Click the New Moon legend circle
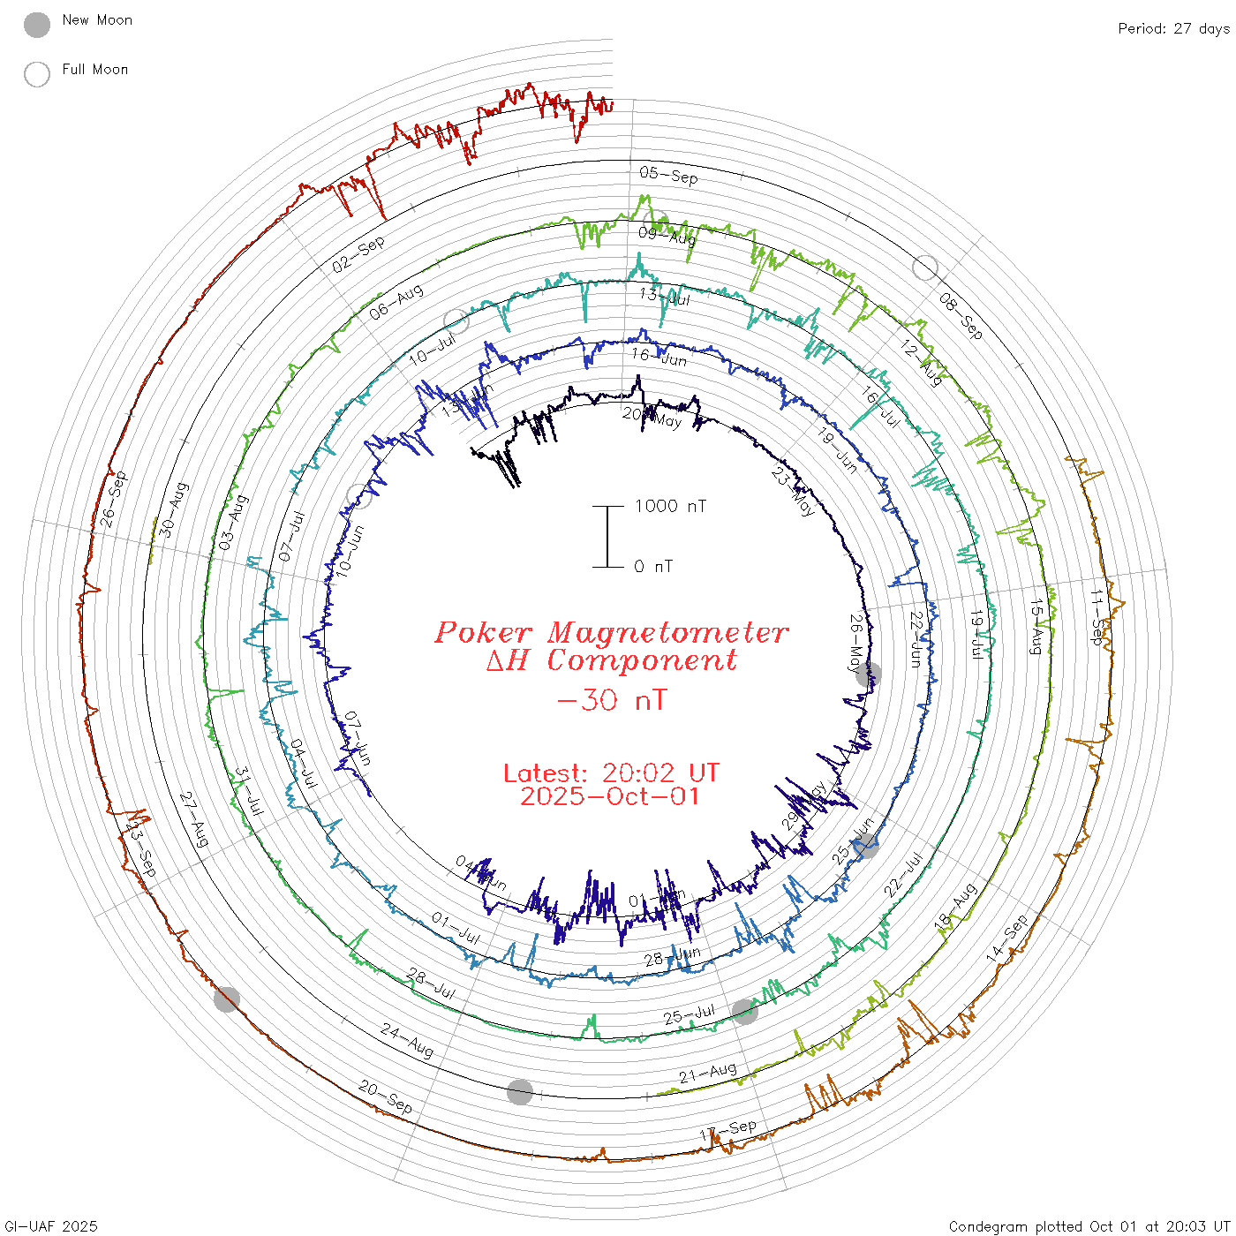click(x=37, y=25)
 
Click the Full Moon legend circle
click(x=37, y=74)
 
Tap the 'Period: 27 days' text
click(x=1173, y=28)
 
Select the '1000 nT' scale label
click(x=670, y=506)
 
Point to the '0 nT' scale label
click(x=653, y=566)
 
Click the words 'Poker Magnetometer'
click(x=611, y=632)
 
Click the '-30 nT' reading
click(x=611, y=700)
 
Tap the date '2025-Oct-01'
click(x=611, y=796)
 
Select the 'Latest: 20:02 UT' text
click(x=611, y=773)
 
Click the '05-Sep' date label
click(x=668, y=175)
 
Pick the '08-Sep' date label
click(x=961, y=316)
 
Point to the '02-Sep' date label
click(x=358, y=254)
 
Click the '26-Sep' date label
click(x=114, y=500)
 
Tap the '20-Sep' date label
click(x=386, y=1097)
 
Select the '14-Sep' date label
click(x=1007, y=938)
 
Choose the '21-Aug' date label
click(x=707, y=1073)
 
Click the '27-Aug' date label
click(x=194, y=819)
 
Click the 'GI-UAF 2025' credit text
click(x=49, y=1226)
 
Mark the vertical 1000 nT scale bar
click(x=607, y=536)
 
